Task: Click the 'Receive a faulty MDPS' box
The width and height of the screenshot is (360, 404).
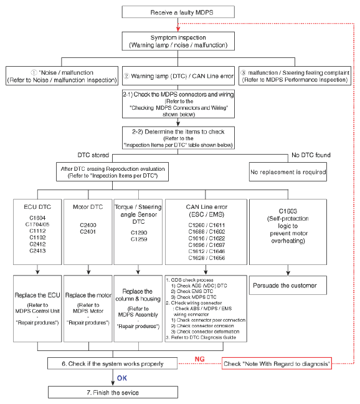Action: pos(178,12)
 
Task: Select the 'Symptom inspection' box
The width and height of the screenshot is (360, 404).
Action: pos(178,41)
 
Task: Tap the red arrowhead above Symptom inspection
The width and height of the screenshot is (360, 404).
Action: pos(178,29)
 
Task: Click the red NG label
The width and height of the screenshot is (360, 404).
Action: pos(199,359)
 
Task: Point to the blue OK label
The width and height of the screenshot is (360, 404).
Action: pos(122,378)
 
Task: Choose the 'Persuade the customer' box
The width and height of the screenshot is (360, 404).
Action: pos(288,285)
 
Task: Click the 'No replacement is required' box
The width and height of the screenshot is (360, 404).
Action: pos(288,172)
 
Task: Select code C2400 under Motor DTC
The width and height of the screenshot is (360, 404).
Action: pos(88,225)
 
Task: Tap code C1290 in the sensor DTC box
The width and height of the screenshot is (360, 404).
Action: pos(139,233)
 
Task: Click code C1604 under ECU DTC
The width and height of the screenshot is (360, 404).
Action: pos(37,218)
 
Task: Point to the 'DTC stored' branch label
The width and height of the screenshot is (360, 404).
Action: pos(93,155)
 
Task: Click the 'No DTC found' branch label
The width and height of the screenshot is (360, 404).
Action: pos(311,155)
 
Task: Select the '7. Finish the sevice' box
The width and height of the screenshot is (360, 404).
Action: pos(113,392)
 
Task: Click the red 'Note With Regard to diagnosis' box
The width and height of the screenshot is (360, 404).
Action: pos(277,363)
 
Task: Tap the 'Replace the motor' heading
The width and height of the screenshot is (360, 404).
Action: pos(88,295)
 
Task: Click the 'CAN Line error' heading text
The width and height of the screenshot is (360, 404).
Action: pos(207,207)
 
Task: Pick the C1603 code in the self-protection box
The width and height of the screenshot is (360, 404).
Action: pos(288,211)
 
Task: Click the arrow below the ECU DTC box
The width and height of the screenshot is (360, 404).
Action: pos(37,269)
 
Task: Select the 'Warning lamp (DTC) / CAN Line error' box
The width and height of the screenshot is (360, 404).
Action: pos(178,76)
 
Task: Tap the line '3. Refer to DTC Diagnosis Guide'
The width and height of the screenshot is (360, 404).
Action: pos(201,337)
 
